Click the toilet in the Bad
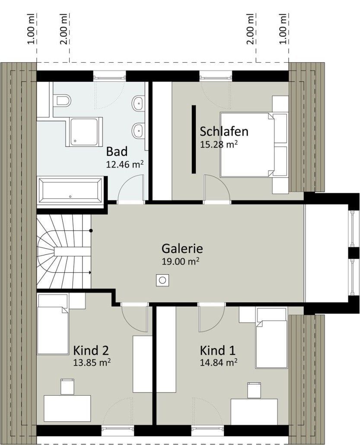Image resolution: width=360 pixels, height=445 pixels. coord(63,100)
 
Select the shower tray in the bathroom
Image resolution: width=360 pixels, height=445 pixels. coord(84,132)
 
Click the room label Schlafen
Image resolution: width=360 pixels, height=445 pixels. coord(224,131)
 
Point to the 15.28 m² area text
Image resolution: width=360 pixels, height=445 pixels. coord(219,144)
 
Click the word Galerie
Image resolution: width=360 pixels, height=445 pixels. coord(182,248)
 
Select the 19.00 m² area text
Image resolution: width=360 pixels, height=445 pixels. coord(180,261)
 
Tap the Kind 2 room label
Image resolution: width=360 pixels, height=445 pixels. coord(91,350)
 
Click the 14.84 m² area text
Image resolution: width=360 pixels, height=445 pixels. coord(219,362)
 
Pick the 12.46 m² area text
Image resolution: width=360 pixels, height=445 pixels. coord(124,164)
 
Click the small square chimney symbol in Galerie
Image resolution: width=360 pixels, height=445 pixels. coord(162,280)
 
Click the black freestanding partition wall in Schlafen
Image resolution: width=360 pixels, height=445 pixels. coord(194,139)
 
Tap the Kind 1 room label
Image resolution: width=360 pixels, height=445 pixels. coord(218,350)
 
